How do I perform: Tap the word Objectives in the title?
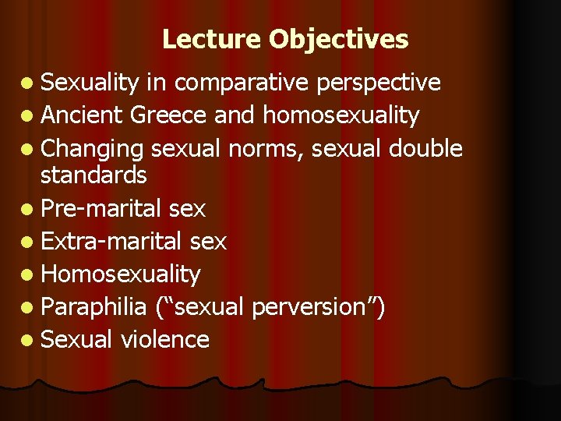click(x=339, y=39)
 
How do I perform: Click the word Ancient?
click(x=82, y=115)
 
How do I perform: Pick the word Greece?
click(x=168, y=115)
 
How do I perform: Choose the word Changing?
click(x=93, y=148)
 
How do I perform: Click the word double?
click(x=426, y=148)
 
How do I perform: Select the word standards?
click(x=93, y=175)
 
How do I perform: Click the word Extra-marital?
click(x=111, y=242)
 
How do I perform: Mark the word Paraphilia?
click(x=93, y=306)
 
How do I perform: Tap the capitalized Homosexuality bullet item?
click(x=120, y=274)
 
